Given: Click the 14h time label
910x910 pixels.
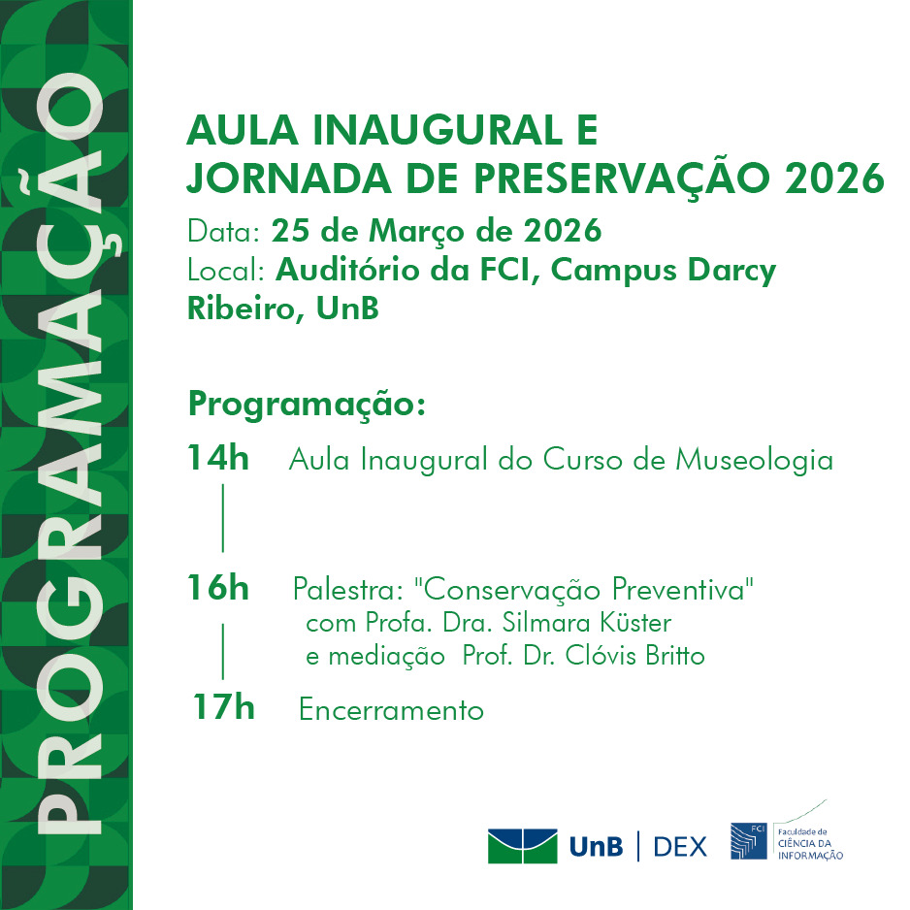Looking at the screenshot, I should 218,459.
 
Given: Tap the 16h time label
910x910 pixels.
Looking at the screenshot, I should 218,588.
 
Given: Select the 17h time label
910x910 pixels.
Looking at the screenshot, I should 223,708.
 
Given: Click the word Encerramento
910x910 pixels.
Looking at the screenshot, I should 391,710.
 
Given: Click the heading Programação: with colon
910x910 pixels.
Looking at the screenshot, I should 307,404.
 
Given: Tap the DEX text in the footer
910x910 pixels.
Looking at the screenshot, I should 680,846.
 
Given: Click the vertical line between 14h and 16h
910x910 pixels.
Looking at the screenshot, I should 223,518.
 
